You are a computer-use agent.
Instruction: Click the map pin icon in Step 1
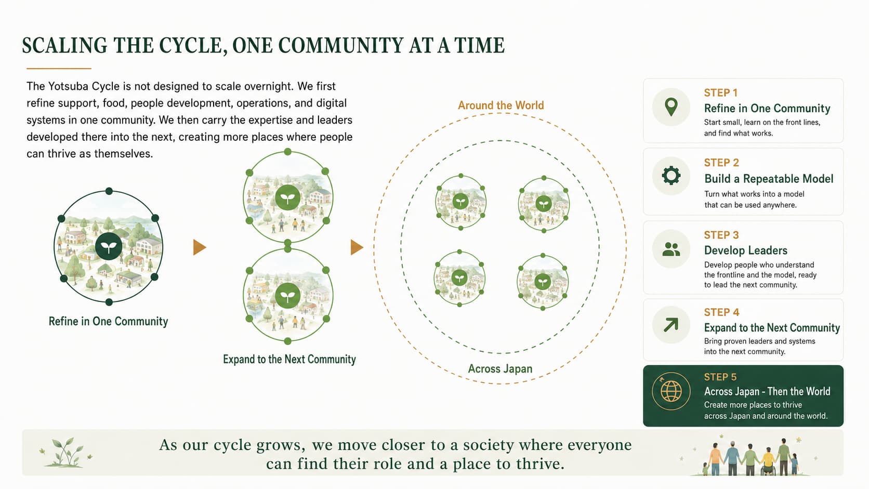pyautogui.click(x=671, y=107)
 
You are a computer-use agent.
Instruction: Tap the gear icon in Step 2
pyautogui.click(x=671, y=176)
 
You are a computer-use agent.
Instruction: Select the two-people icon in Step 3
pyautogui.click(x=671, y=249)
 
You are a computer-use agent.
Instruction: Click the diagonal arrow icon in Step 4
pyautogui.click(x=671, y=325)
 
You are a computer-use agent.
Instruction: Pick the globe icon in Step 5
pyautogui.click(x=671, y=391)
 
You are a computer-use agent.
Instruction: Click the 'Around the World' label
pyautogui.click(x=501, y=105)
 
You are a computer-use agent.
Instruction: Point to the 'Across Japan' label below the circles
pyautogui.click(x=500, y=368)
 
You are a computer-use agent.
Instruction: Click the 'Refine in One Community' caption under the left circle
pyautogui.click(x=108, y=322)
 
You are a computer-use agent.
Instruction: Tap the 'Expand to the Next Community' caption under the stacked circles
pyautogui.click(x=289, y=360)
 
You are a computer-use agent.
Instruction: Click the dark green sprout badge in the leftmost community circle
pyautogui.click(x=109, y=247)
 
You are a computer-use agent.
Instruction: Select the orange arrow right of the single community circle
pyautogui.click(x=200, y=247)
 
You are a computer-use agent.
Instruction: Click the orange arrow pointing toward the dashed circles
pyautogui.click(x=357, y=247)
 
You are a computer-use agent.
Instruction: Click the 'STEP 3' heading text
pyautogui.click(x=721, y=235)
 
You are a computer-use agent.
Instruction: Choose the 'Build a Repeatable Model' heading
pyautogui.click(x=769, y=179)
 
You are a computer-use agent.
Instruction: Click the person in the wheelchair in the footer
pyautogui.click(x=768, y=462)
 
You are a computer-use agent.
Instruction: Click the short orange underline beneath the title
pyautogui.click(x=59, y=69)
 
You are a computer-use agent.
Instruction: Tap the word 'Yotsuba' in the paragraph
pyautogui.click(x=67, y=86)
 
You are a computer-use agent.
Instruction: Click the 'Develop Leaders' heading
pyautogui.click(x=746, y=250)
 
